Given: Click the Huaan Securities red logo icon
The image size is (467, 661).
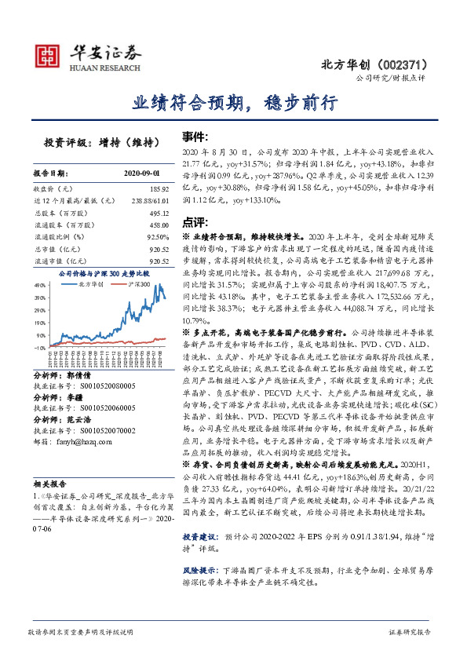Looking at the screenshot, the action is [x=49, y=54].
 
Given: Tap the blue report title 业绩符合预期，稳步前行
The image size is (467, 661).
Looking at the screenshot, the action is [x=234, y=103].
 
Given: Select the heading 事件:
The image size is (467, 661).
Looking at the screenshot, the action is [x=195, y=135].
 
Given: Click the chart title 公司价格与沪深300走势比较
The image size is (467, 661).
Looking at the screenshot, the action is [x=103, y=273].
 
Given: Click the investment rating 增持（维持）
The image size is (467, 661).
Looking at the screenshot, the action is [x=125, y=142].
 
